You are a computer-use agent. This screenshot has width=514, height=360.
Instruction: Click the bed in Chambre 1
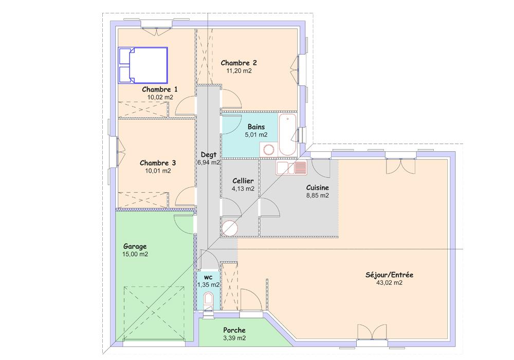[x=143, y=65]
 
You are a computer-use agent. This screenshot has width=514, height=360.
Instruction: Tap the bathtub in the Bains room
[x=287, y=135]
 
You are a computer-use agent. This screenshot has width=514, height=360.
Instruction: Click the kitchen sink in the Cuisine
[x=291, y=168]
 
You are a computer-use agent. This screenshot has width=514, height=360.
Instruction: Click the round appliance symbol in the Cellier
[x=229, y=228]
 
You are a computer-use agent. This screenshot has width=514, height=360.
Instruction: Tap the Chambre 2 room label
[x=238, y=63]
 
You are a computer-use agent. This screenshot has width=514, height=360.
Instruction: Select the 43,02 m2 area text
[x=389, y=283]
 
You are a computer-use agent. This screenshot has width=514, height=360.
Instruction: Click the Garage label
[x=135, y=246]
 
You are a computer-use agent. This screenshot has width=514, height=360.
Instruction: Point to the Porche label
[x=234, y=330]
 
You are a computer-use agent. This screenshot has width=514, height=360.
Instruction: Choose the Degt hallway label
[x=209, y=155]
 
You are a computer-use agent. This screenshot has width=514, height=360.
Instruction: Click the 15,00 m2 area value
[x=135, y=254]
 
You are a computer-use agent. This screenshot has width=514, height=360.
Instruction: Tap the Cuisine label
[x=317, y=188]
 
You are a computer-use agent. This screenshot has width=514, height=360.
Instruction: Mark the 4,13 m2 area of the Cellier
[x=243, y=189]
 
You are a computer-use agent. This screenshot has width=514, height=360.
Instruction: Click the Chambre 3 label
[x=158, y=163]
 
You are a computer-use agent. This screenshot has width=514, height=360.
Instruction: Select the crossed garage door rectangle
[x=154, y=313]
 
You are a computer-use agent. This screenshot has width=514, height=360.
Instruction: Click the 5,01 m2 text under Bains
[x=256, y=135]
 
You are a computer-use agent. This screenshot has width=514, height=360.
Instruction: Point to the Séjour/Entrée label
[x=389, y=275]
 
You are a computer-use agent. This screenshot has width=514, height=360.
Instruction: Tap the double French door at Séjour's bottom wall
[x=372, y=332]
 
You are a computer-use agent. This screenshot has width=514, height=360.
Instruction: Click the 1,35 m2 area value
[x=208, y=285]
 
